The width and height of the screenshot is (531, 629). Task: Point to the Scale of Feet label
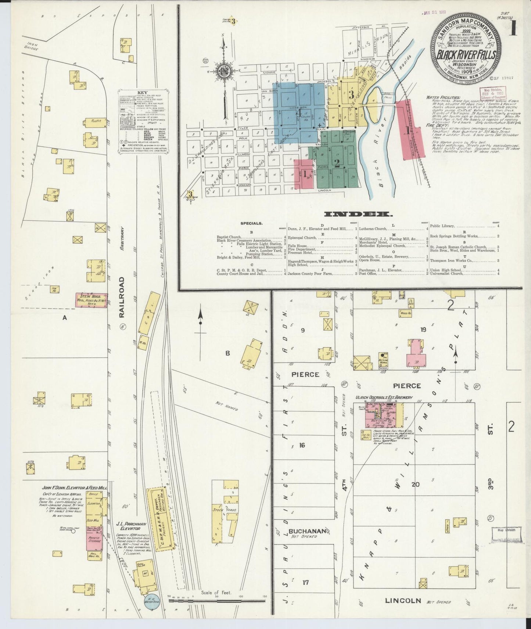tap(216, 593)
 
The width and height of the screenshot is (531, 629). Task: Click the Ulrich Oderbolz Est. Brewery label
tap(384, 398)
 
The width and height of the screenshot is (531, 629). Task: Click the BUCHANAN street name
tap(307, 531)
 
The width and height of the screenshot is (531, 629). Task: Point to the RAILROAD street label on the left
tap(122, 298)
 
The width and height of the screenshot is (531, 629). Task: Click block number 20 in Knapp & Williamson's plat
tap(415, 484)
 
